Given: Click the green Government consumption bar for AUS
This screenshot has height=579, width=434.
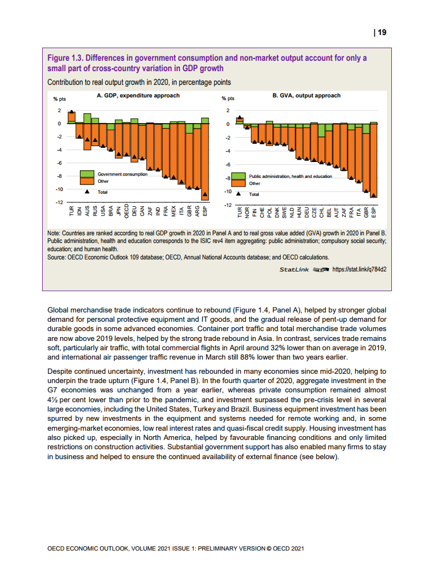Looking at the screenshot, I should point(87,118).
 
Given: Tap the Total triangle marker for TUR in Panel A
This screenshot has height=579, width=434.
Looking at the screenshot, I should point(71,113).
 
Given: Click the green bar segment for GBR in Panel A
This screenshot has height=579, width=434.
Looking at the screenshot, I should point(189,128).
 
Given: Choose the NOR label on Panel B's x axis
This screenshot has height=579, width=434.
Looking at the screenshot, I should point(247,213).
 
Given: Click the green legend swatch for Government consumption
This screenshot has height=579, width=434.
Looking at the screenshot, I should point(87,174).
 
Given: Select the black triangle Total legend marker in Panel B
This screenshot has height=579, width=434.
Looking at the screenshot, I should point(238,194).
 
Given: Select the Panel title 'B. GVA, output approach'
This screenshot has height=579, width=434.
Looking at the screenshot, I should point(306,96).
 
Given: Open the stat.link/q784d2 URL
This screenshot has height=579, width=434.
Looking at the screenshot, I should point(360,270).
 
